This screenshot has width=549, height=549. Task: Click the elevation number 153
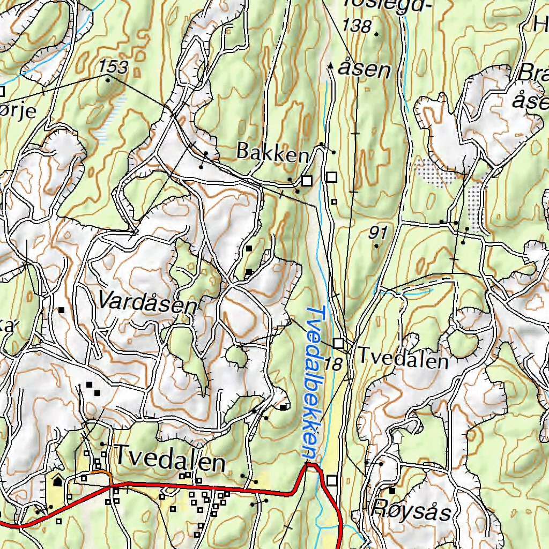[114, 67]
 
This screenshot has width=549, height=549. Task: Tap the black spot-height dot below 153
[108, 80]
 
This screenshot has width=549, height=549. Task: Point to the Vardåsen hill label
[147, 303]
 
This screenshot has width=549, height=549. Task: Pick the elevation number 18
[333, 365]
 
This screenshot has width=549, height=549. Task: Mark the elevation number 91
[378, 232]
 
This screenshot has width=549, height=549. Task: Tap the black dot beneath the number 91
[376, 246]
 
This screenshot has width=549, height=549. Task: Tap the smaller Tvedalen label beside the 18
[403, 358]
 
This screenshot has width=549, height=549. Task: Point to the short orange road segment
[99, 473]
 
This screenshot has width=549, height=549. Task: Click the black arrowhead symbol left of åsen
[330, 66]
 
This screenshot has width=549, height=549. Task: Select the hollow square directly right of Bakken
[307, 181]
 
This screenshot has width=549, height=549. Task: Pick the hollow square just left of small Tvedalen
[338, 343]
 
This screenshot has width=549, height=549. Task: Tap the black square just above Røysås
[392, 491]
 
